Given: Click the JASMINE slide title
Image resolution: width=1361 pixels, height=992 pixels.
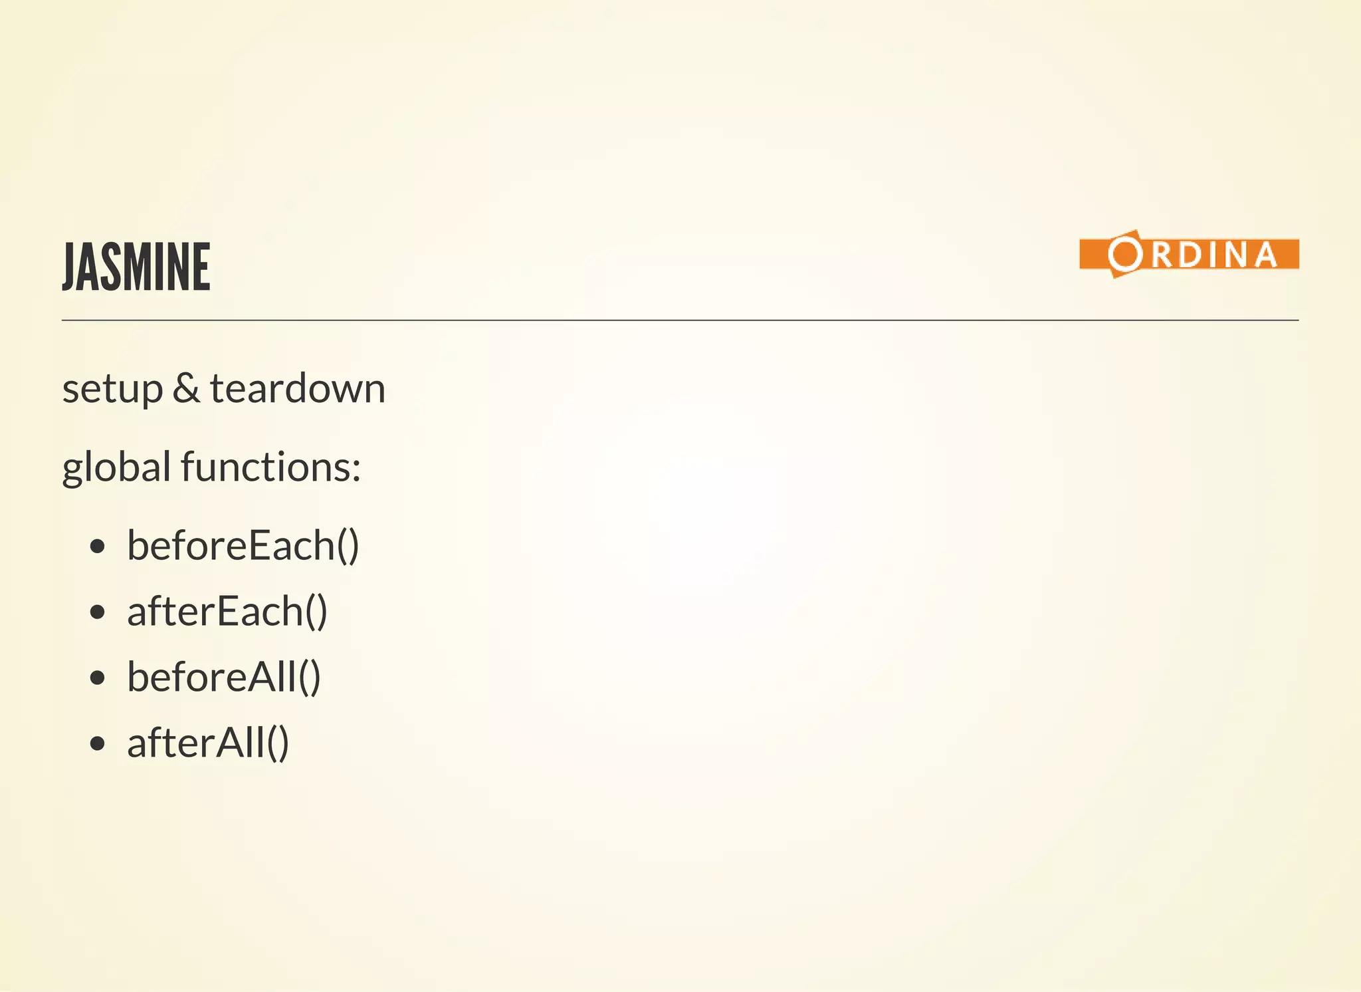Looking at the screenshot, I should click(x=136, y=267).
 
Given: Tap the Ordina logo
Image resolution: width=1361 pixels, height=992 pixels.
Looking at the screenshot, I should click(x=1188, y=254).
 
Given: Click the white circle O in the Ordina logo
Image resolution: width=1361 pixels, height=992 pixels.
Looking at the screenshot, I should click(x=1124, y=254).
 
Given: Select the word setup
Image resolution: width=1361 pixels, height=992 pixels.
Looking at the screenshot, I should click(x=112, y=390).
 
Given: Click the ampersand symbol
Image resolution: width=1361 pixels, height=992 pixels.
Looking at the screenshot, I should click(x=186, y=388).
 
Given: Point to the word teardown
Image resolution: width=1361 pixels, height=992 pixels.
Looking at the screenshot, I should click(x=297, y=388).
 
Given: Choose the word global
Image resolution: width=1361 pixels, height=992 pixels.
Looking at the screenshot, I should click(x=117, y=467).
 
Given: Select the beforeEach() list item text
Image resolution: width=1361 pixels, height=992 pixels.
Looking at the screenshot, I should click(x=243, y=546).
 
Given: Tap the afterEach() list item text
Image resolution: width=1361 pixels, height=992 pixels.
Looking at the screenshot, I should click(x=227, y=611).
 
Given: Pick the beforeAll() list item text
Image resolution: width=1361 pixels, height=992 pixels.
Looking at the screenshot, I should click(x=223, y=677).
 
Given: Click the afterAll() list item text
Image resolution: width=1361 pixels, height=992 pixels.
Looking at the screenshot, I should click(x=207, y=743).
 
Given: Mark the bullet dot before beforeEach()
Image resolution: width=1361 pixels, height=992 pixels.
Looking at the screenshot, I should click(x=98, y=547).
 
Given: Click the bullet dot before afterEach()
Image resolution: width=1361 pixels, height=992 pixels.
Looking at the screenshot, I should click(x=98, y=612).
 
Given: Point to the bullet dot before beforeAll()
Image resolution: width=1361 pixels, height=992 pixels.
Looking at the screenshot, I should click(x=98, y=678).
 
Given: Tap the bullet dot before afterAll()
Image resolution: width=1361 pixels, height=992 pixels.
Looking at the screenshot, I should click(x=98, y=743).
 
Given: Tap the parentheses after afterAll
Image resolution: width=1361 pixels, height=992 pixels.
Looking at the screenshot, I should click(x=278, y=743).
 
